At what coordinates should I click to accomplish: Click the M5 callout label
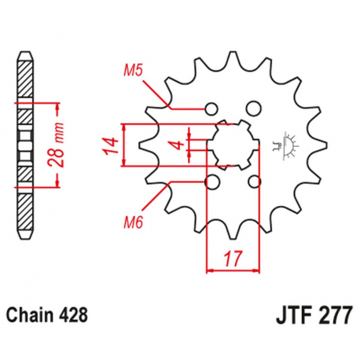pos(131,72)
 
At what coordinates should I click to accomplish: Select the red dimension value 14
pos(112,145)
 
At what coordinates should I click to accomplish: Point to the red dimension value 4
pos(179,145)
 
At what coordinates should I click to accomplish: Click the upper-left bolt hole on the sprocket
pos(210,108)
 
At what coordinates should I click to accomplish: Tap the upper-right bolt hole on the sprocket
pos(252,108)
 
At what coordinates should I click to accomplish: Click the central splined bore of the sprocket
pos(231,145)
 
